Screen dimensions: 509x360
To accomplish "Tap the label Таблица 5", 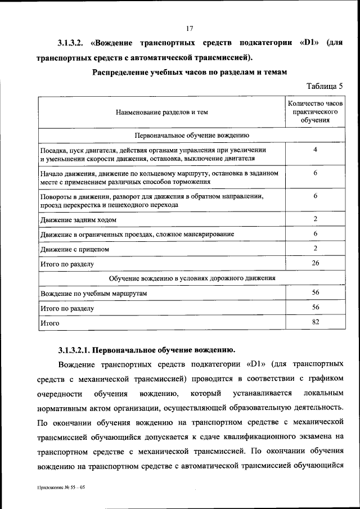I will point(325,86).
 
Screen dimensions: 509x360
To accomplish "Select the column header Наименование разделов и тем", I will point(162,112).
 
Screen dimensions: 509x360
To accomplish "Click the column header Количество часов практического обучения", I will point(315,112).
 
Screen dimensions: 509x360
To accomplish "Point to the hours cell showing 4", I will point(315,150).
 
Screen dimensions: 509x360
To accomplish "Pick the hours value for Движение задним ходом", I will point(315,218).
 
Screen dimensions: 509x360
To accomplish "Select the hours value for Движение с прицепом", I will point(315,248).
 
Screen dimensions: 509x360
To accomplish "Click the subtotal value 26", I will point(315,263).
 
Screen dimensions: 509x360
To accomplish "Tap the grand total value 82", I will point(315,322).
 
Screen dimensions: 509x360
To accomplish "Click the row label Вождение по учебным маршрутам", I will point(93,294).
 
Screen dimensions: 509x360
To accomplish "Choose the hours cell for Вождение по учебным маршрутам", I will point(315,292).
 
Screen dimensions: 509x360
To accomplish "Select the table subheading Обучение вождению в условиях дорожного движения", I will point(191,278).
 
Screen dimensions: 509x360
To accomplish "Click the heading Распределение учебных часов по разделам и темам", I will point(190,72).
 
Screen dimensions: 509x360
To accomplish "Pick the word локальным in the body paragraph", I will point(323,392).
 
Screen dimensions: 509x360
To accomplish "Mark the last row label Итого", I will point(49,324).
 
